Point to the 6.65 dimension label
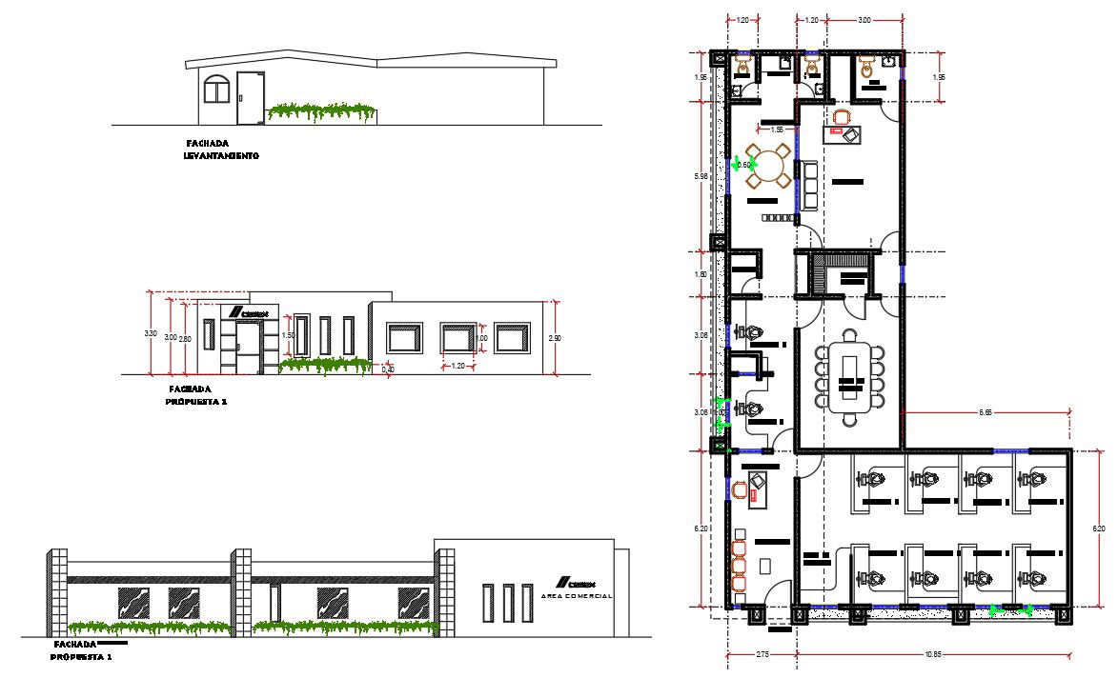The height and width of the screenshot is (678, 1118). pyautogui.click(x=986, y=412)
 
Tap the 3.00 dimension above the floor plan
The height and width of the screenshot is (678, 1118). pyautogui.click(x=864, y=20)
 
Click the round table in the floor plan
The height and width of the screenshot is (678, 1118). pyautogui.click(x=768, y=166)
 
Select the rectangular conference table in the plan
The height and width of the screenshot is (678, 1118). pyautogui.click(x=849, y=376)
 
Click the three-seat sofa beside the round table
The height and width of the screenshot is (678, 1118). pyautogui.click(x=808, y=186)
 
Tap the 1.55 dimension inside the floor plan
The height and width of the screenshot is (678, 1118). pyautogui.click(x=776, y=130)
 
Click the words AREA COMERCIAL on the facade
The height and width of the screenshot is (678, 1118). pyautogui.click(x=576, y=595)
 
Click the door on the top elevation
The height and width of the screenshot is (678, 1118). pyautogui.click(x=250, y=97)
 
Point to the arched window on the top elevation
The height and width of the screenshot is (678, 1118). pyautogui.click(x=217, y=90)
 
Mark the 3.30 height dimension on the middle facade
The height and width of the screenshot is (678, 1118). pyautogui.click(x=150, y=334)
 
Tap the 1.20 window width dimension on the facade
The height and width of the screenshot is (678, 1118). pyautogui.click(x=457, y=366)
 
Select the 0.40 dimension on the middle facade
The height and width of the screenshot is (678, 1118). pyautogui.click(x=388, y=369)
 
